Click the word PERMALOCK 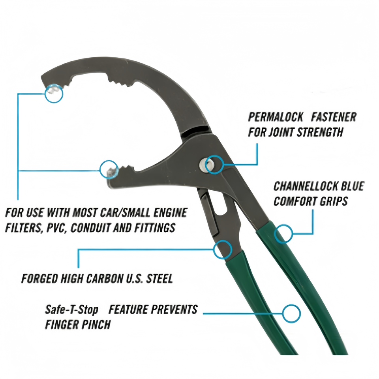(276, 117)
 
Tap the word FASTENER (334, 117)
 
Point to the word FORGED (39, 279)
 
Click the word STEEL (159, 279)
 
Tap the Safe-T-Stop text (72, 310)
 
